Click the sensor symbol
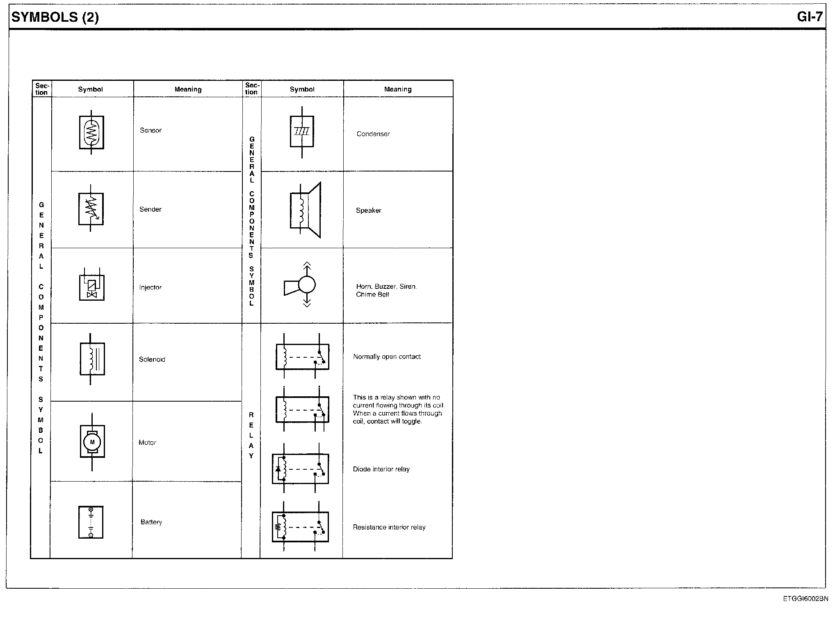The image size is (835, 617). pyautogui.click(x=91, y=132)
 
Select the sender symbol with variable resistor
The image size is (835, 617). pyautogui.click(x=91, y=209)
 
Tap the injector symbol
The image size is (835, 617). pyautogui.click(x=91, y=285)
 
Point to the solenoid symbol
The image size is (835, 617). pyautogui.click(x=92, y=359)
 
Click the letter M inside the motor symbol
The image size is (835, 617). pyautogui.click(x=92, y=442)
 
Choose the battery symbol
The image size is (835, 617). pyautogui.click(x=91, y=522)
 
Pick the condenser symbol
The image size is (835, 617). pyautogui.click(x=302, y=132)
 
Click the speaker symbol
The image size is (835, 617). pyautogui.click(x=305, y=210)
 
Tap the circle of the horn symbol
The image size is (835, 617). pyautogui.click(x=307, y=284)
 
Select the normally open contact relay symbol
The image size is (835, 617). pyautogui.click(x=302, y=356)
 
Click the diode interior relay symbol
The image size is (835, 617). pyautogui.click(x=300, y=468)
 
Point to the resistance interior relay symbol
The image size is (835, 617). pyautogui.click(x=300, y=527)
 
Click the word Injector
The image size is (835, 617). pyautogui.click(x=150, y=287)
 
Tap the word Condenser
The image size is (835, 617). pyautogui.click(x=373, y=134)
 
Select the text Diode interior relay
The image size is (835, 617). pyautogui.click(x=381, y=469)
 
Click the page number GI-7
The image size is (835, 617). pyautogui.click(x=810, y=16)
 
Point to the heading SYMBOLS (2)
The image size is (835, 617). pyautogui.click(x=55, y=17)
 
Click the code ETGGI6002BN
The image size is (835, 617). pyautogui.click(x=805, y=599)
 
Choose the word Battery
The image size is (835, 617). pyautogui.click(x=151, y=522)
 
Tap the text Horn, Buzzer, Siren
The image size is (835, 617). pyautogui.click(x=386, y=286)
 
